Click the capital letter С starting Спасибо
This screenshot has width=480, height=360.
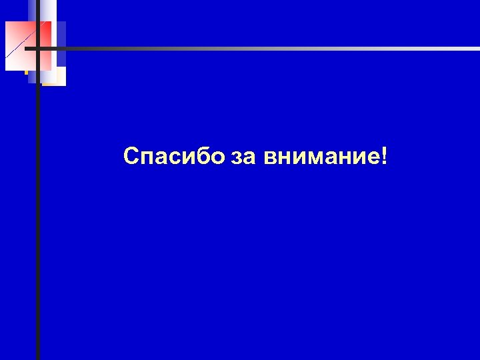[x=131, y=157]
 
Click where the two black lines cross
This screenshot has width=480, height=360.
[x=38, y=48]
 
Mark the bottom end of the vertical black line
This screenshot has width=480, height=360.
[x=38, y=357]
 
